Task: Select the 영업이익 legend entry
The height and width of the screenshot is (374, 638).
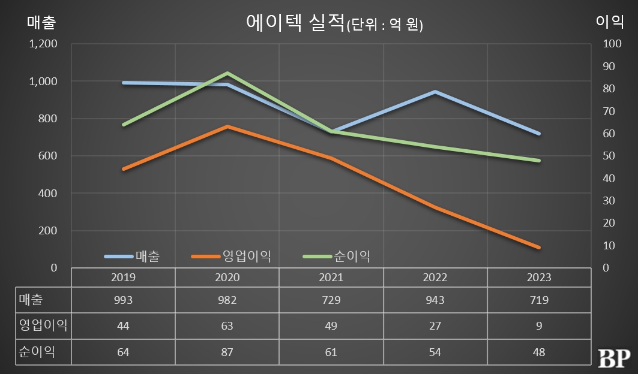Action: point(231,257)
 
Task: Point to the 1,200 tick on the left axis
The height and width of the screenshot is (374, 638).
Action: point(44,44)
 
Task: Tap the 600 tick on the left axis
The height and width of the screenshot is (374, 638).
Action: point(47,156)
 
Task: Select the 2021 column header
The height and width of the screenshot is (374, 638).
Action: point(331,278)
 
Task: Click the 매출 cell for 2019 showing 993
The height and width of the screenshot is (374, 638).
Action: point(123,300)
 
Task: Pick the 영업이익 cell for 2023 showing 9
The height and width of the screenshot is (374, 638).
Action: point(539,325)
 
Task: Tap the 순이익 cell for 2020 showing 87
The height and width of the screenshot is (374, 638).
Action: point(227,352)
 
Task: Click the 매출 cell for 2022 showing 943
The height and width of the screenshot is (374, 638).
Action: point(435,300)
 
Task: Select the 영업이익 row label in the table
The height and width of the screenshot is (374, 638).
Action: point(43,325)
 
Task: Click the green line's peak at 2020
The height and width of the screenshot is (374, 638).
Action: point(227,73)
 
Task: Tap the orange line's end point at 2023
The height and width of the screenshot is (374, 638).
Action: point(539,247)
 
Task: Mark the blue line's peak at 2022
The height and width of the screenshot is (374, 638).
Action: point(435,92)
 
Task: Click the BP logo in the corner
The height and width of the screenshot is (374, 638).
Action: point(613,357)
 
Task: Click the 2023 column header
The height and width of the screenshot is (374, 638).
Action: point(538,278)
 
